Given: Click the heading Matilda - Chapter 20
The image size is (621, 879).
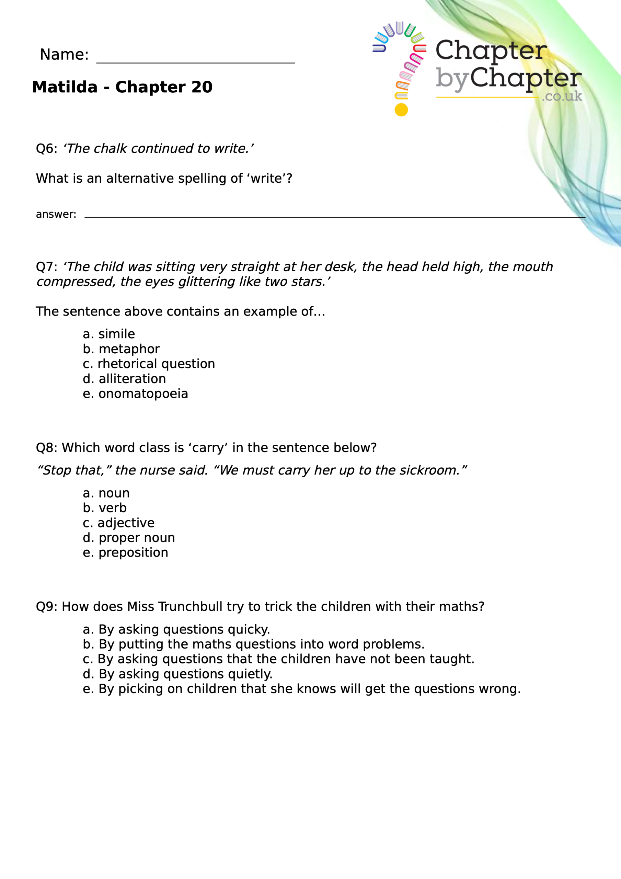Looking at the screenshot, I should click(122, 87).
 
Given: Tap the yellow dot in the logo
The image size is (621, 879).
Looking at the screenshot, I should click(401, 110).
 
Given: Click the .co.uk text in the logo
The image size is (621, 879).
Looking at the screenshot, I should click(562, 96).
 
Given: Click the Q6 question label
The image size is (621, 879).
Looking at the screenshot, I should click(46, 149).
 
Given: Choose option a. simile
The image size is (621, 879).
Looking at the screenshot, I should click(109, 334).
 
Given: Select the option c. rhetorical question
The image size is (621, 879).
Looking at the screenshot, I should click(149, 364).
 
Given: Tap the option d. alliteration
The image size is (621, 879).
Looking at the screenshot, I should click(124, 379).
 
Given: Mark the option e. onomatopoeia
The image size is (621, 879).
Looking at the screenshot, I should click(135, 393).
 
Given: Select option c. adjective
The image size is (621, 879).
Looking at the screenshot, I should click(118, 523).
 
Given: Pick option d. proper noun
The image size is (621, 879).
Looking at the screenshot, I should click(129, 538).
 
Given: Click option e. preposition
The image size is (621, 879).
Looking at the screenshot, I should click(125, 553).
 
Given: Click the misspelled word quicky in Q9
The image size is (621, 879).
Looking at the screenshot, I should click(249, 629).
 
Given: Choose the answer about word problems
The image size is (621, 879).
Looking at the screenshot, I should click(253, 644).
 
